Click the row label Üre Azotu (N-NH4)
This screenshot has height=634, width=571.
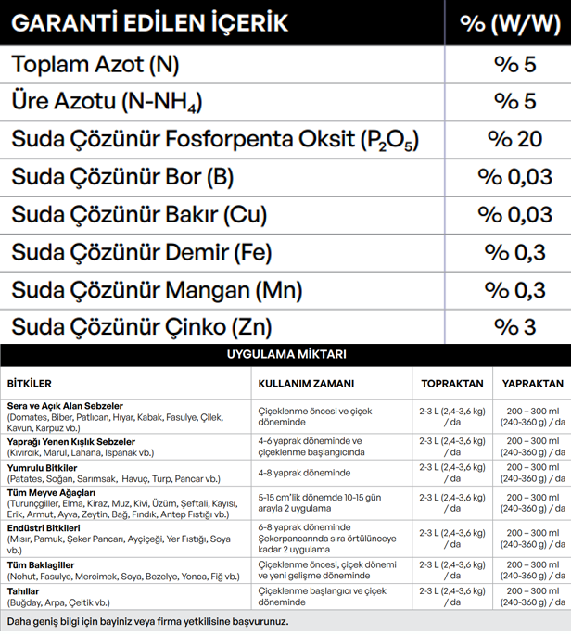click(x=107, y=101)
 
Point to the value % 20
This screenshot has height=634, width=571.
click(x=514, y=139)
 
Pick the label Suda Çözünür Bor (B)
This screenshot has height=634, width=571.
click(x=122, y=176)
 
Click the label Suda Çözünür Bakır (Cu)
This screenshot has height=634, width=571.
click(x=139, y=214)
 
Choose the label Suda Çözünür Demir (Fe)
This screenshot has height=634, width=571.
click(x=142, y=252)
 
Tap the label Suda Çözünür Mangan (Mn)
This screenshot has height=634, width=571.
click(x=157, y=289)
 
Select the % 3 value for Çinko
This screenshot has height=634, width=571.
click(x=514, y=326)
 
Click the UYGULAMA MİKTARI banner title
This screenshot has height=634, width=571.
click(x=285, y=354)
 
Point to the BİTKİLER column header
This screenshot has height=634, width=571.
click(x=29, y=384)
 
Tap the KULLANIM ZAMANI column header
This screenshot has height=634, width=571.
click(x=306, y=384)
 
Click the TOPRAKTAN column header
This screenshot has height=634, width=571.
click(x=451, y=384)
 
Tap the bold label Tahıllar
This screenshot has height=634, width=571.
click(x=23, y=590)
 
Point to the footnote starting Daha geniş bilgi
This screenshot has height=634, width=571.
click(x=147, y=621)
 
